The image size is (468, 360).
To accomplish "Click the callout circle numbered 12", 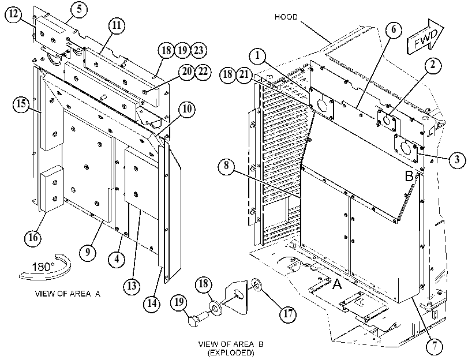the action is (14, 14).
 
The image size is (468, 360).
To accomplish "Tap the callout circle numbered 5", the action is (79, 10).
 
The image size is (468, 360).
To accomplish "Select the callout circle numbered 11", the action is (117, 26).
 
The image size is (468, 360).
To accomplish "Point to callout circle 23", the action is (199, 50).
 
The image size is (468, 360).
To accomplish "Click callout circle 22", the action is (203, 72).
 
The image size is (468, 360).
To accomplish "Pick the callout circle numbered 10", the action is (186, 110).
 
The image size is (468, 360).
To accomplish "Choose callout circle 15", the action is (21, 104).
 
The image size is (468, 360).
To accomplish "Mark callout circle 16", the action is (33, 238).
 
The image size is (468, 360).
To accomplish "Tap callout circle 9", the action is (88, 253).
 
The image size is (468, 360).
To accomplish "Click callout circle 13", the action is (132, 286).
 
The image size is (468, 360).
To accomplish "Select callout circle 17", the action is (288, 314).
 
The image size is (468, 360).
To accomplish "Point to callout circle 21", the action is (244, 74).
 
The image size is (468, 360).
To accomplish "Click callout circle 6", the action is (394, 30).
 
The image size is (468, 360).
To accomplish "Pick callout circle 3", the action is (457, 160).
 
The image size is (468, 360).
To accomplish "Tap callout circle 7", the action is (435, 347).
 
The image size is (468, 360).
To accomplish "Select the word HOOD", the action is (286, 17).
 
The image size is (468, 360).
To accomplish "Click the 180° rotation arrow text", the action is (43, 267).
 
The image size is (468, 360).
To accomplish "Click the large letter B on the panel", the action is (409, 176).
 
